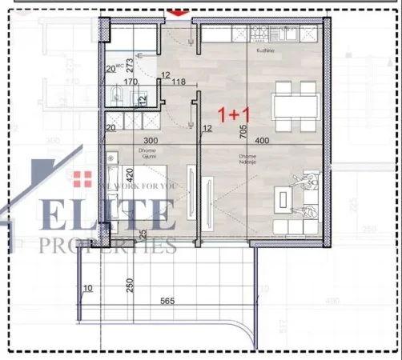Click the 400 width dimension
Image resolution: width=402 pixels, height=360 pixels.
(272, 140)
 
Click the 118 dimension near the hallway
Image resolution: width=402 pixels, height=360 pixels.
(179, 82)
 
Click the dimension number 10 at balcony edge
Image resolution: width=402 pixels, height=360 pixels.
(87, 289)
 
